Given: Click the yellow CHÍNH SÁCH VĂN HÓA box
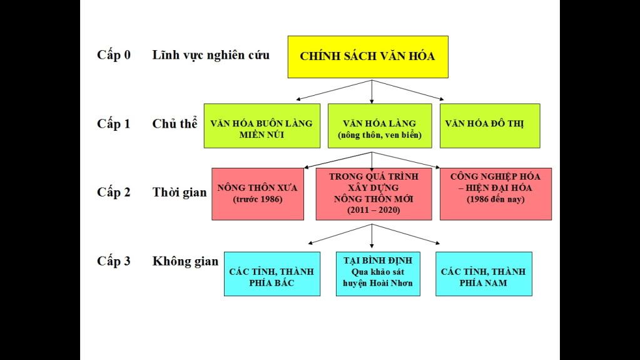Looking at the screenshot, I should pyautogui.click(x=367, y=57).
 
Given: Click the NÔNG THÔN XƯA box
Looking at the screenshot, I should pyautogui.click(x=257, y=194).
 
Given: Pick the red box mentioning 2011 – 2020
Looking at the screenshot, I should pyautogui.click(x=373, y=194).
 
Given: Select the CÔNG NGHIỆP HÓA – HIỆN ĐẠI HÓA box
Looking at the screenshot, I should pyautogui.click(x=495, y=194).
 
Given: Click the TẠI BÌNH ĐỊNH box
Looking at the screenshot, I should pyautogui.click(x=378, y=274).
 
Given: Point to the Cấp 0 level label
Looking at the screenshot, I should pyautogui.click(x=114, y=54).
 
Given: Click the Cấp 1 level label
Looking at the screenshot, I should pyautogui.click(x=114, y=123).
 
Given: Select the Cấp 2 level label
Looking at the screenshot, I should pyautogui.click(x=114, y=192).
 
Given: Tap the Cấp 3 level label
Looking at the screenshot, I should pyautogui.click(x=114, y=261).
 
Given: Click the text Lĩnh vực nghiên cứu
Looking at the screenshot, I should pyautogui.click(x=211, y=55).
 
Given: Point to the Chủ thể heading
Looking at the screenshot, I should pyautogui.click(x=175, y=123).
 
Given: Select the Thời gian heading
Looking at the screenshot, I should pyautogui.click(x=180, y=192).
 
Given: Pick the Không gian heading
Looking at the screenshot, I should pyautogui.click(x=185, y=261).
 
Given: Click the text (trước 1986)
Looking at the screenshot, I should pyautogui.click(x=257, y=200).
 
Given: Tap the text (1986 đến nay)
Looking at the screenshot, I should pyautogui.click(x=495, y=200).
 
